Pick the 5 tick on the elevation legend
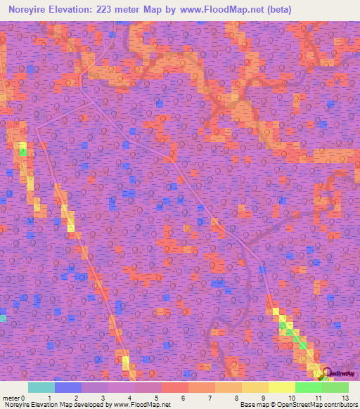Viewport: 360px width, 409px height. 155,398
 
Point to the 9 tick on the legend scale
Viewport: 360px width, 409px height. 264,398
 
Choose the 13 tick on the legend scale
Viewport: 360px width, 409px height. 345,398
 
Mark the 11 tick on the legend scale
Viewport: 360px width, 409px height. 318,398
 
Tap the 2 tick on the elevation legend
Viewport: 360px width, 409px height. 75,398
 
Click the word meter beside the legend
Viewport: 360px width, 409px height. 11,398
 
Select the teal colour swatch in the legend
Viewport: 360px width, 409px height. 41,387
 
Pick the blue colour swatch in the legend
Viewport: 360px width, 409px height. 68,387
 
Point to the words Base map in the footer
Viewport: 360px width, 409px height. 252,405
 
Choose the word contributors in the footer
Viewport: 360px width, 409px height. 340,405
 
